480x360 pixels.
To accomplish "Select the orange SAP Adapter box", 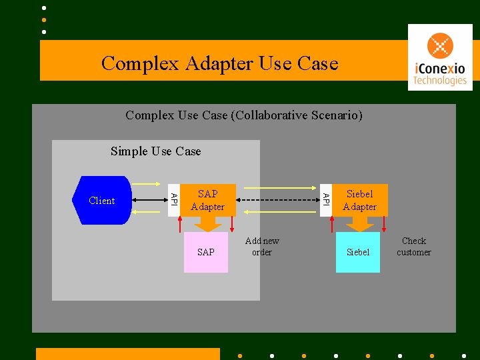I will click(207, 200).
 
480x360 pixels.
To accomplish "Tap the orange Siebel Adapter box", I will click(360, 200).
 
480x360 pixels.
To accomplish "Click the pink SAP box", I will click(206, 252).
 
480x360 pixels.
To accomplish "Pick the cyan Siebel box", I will click(358, 252).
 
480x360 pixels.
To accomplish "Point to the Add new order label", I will click(262, 247).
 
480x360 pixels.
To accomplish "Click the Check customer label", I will click(413, 247).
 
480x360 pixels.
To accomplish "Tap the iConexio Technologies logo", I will click(440, 57).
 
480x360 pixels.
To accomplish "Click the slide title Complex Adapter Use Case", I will click(220, 63).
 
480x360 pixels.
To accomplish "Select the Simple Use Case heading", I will click(155, 151).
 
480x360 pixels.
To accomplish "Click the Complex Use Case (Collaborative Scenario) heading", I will click(244, 115).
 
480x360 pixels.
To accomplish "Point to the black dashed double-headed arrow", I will click(280, 199).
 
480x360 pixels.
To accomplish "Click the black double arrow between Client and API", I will click(149, 199).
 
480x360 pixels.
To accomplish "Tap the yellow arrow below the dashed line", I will click(280, 211).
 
